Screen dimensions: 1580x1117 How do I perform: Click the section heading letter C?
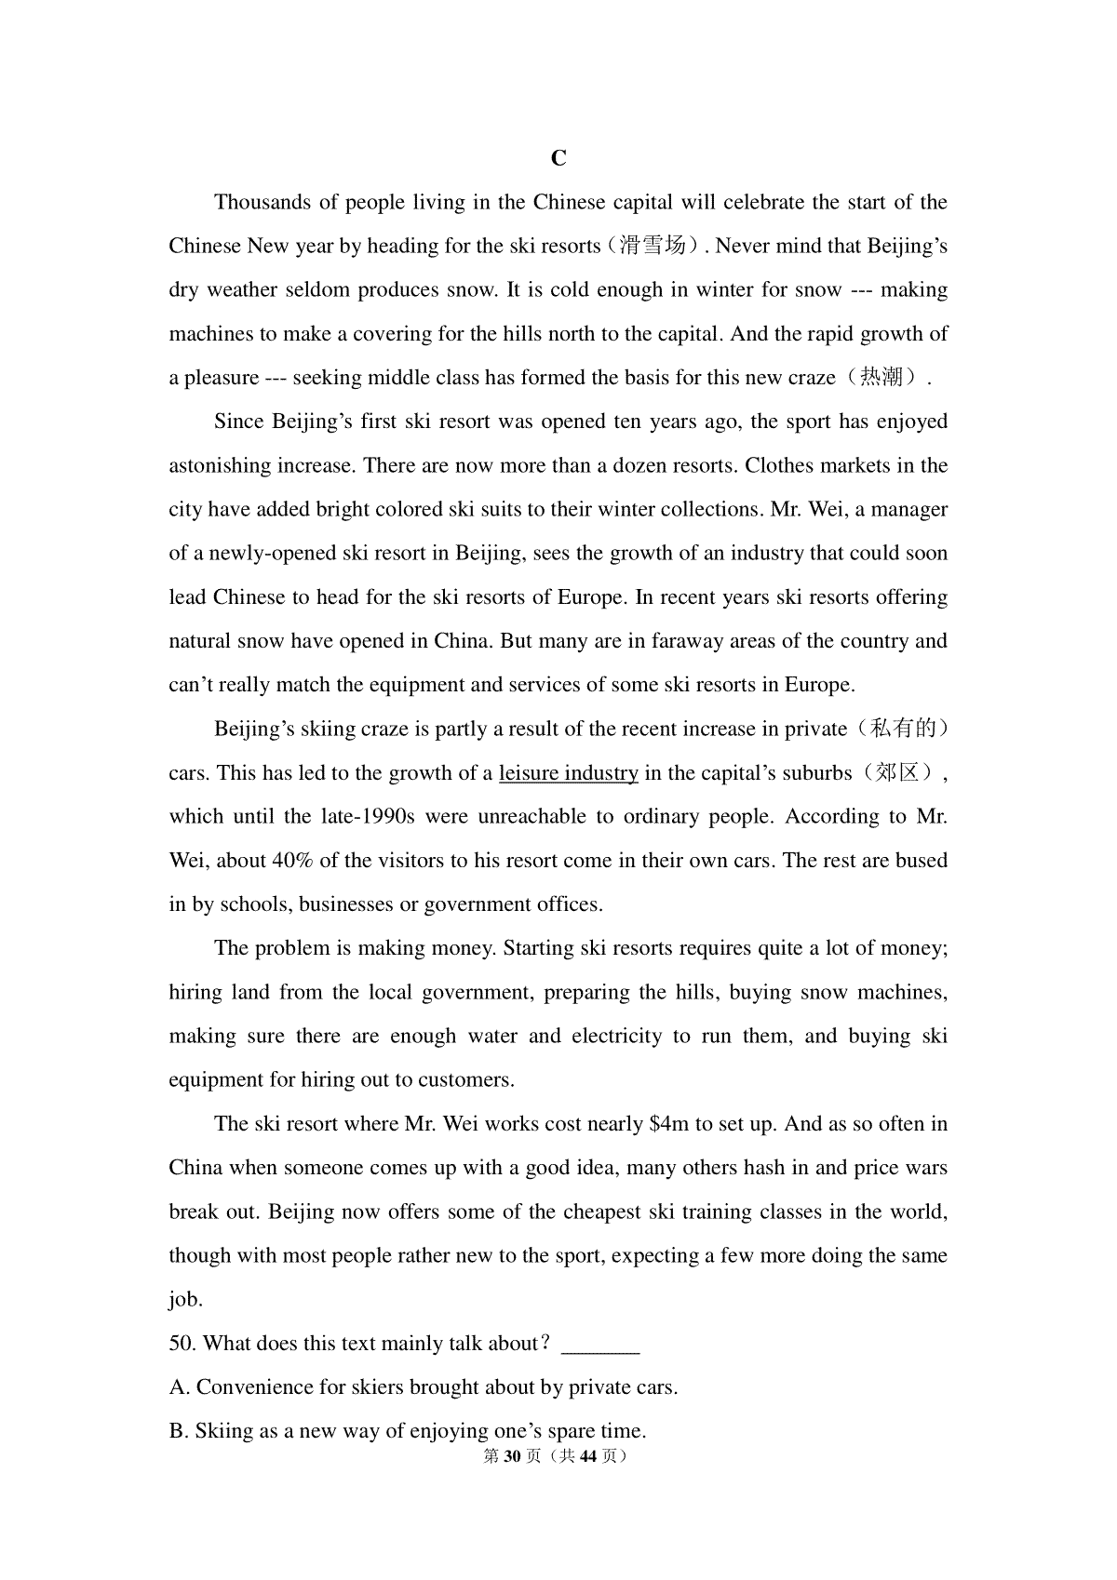(x=558, y=158)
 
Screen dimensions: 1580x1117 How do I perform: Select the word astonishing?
(x=220, y=465)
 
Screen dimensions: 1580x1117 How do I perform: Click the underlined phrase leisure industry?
(x=568, y=773)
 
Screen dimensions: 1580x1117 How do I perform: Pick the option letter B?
(x=178, y=1431)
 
